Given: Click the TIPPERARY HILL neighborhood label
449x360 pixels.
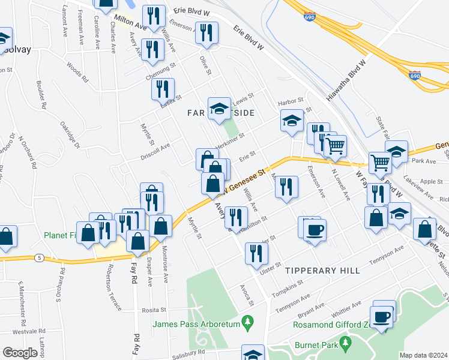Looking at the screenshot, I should click(316, 271).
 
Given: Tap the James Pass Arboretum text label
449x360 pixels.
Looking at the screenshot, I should click(196, 325).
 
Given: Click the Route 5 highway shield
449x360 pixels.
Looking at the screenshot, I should click(39, 257).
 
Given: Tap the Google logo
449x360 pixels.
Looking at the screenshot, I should click(20, 353).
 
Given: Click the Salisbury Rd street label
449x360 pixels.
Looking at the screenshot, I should click(190, 353).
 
